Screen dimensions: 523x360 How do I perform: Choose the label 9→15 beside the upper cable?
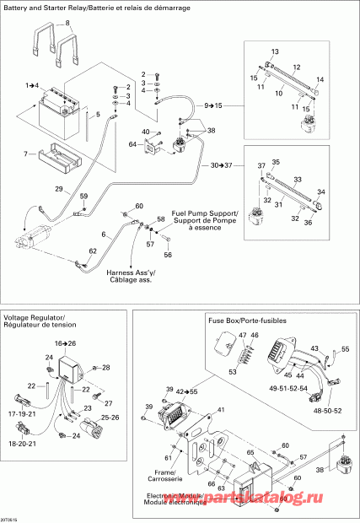coord(213,104)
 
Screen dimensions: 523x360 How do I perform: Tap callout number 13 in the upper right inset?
coord(275,51)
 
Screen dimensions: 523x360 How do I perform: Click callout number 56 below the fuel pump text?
coord(168,255)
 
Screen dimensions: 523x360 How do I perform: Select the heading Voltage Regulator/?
coord(35,317)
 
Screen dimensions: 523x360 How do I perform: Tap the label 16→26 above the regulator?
coord(66,344)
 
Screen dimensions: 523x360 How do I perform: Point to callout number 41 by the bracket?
coord(223,410)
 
